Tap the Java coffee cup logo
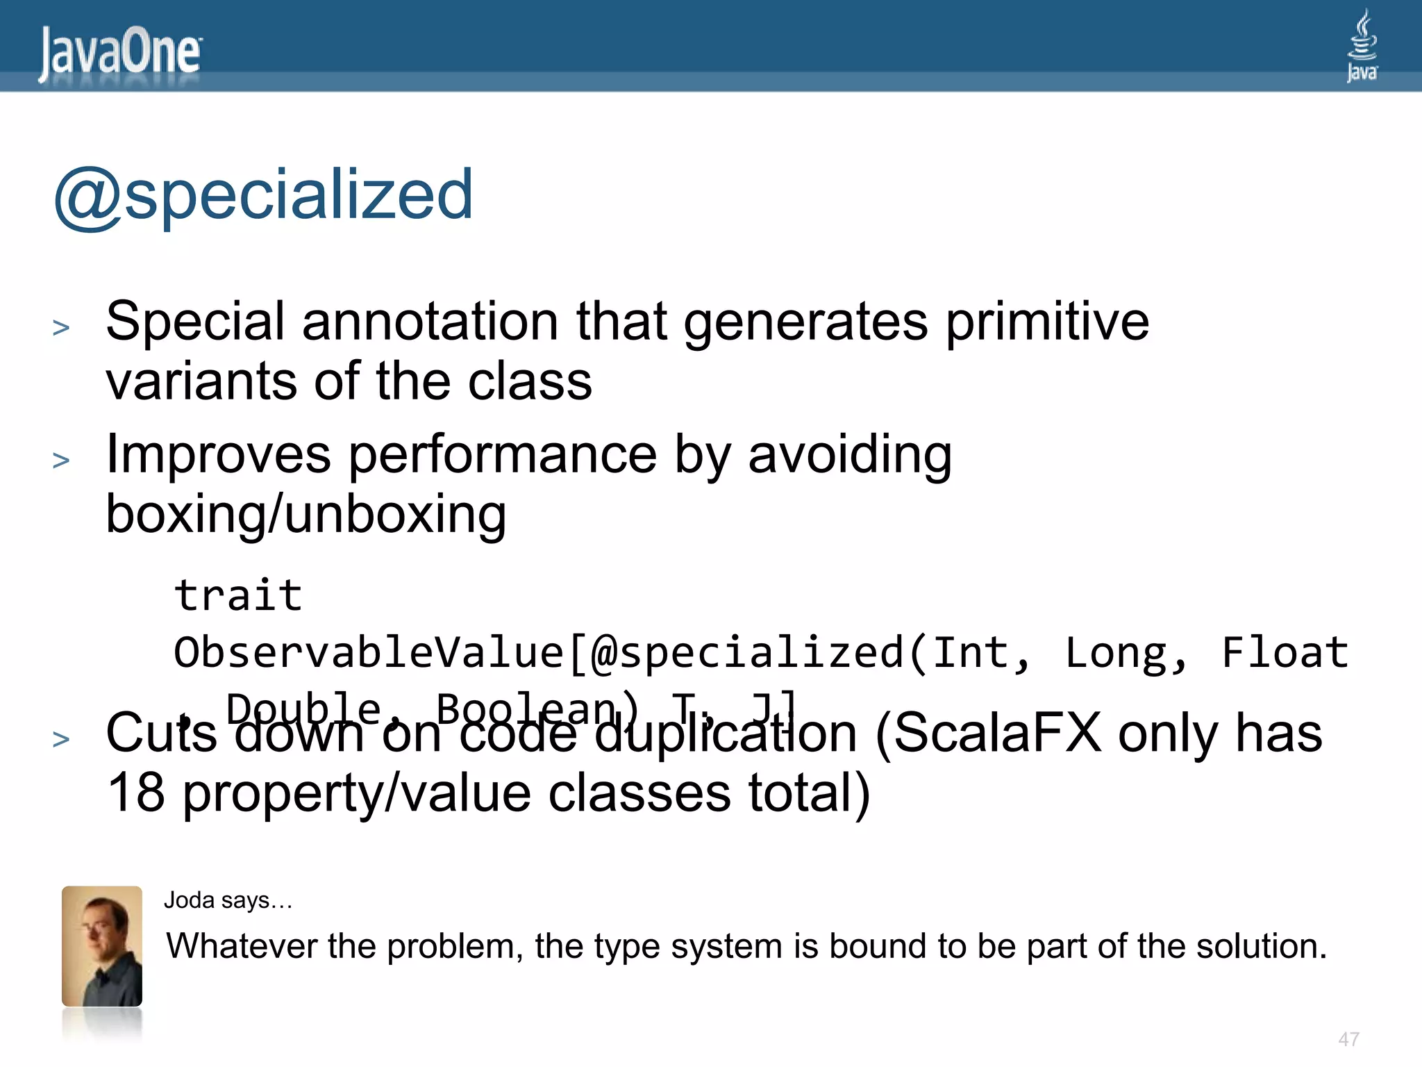pyautogui.click(x=1362, y=46)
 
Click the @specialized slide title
pyautogui.click(x=264, y=195)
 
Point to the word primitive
pyautogui.click(x=1048, y=322)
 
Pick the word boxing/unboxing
pyautogui.click(x=306, y=515)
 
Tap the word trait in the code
pyautogui.click(x=238, y=595)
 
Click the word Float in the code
pyautogui.click(x=1285, y=652)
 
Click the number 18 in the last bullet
pyautogui.click(x=136, y=793)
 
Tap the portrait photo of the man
pyautogui.click(x=102, y=946)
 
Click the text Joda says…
pyautogui.click(x=228, y=900)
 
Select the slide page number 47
pyautogui.click(x=1348, y=1039)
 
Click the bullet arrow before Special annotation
pyautogui.click(x=61, y=327)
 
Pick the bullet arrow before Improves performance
pyautogui.click(x=61, y=461)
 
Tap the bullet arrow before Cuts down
pyautogui.click(x=61, y=738)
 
